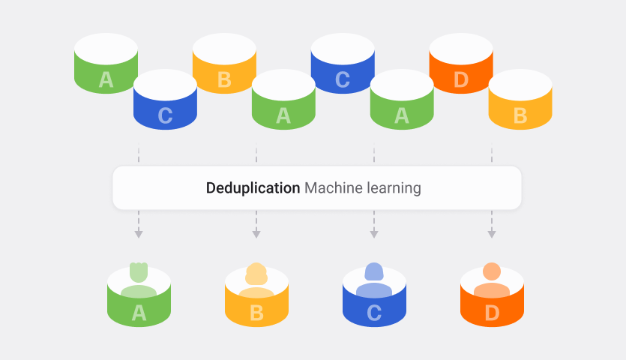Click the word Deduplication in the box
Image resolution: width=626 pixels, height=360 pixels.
[x=253, y=188]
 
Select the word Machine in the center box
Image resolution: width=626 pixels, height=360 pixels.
[x=331, y=188]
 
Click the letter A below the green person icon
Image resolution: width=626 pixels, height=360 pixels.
[x=139, y=313]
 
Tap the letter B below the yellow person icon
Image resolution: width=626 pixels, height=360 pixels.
[x=256, y=313]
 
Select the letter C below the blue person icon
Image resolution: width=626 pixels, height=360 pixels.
[x=374, y=313]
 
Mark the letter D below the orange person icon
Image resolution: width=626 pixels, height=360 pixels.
[x=492, y=313]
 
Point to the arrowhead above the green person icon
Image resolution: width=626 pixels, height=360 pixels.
[x=139, y=234]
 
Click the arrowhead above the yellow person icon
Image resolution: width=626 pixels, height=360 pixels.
[x=256, y=234]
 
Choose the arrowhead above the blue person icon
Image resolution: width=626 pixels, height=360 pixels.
[x=374, y=234]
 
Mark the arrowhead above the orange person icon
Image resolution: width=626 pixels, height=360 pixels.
[x=492, y=234]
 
